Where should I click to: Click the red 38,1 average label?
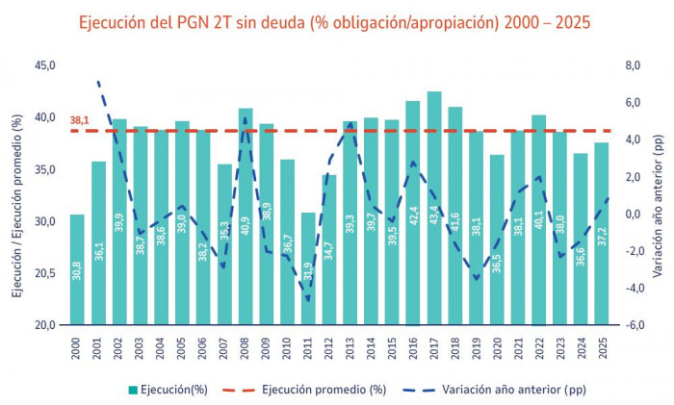80,121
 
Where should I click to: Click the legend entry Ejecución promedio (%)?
307,390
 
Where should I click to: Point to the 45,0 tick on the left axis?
45,65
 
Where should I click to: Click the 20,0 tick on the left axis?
45,325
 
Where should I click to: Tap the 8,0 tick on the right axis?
631,65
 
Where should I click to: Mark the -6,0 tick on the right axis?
631,325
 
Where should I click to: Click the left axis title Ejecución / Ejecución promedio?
16,195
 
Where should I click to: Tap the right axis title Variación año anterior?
661,195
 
